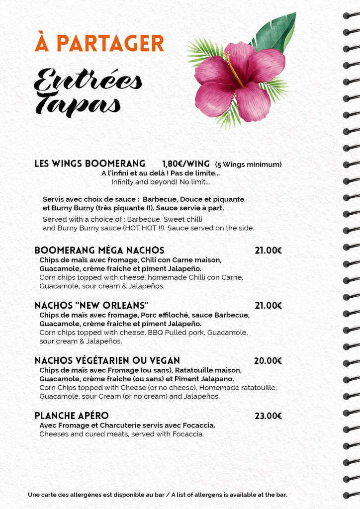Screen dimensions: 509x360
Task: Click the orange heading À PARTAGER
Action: pos(99,43)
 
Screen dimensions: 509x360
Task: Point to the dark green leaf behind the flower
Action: pos(276,32)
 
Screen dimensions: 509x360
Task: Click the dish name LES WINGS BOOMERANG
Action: pos(90,164)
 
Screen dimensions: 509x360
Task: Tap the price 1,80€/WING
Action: pos(185,164)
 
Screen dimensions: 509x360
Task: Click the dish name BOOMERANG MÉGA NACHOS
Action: pos(99,250)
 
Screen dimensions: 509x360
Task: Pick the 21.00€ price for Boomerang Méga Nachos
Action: pos(268,251)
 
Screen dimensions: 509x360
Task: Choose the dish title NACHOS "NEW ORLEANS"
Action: pos(91,305)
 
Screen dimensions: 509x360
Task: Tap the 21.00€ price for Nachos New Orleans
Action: pos(268,305)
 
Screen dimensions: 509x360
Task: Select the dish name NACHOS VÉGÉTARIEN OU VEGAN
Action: pos(107,360)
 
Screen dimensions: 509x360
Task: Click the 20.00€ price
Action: pos(268,361)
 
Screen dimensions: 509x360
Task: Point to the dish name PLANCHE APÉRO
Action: pos(71,416)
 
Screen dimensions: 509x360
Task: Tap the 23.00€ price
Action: pos(268,416)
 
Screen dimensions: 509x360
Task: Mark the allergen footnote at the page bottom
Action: pos(158,495)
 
